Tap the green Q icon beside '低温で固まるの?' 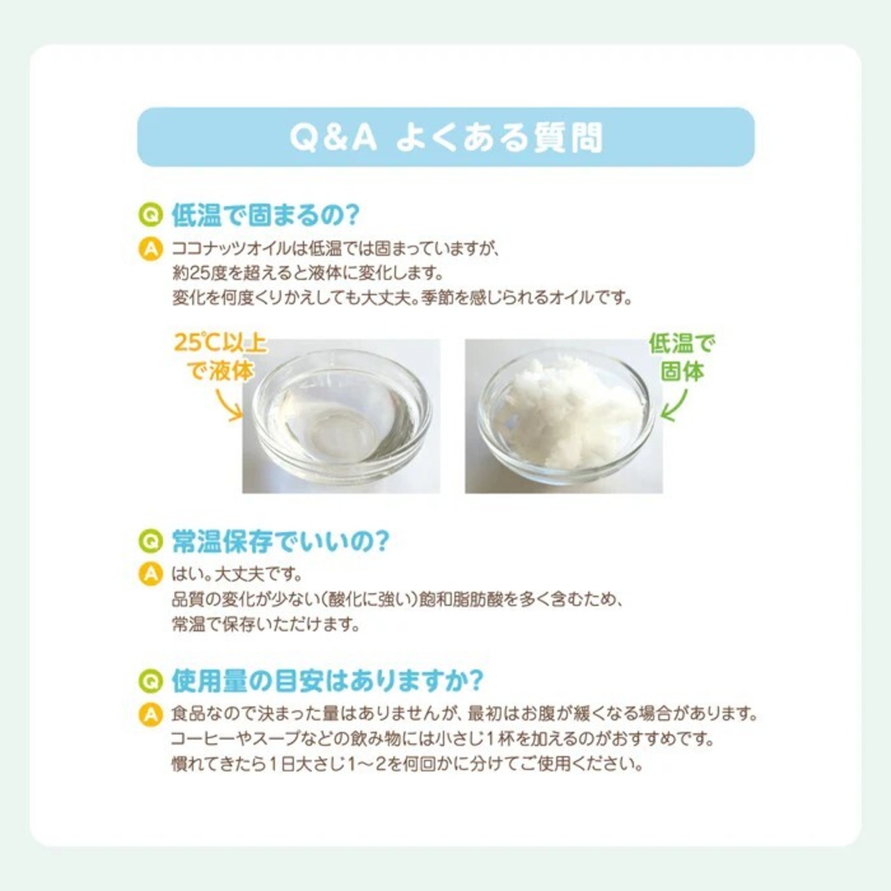(151, 215)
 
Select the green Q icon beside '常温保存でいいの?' (151, 542)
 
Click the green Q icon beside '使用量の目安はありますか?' (151, 681)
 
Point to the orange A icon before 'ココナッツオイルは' (151, 249)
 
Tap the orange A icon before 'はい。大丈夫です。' (151, 575)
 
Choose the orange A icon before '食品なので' (151, 714)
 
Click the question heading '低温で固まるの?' (265, 214)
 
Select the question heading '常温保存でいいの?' (279, 541)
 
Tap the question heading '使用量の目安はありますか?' (327, 681)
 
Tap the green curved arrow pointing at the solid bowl (675, 406)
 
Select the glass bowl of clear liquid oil (342, 416)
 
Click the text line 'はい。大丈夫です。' (237, 575)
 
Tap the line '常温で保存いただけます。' (265, 625)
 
